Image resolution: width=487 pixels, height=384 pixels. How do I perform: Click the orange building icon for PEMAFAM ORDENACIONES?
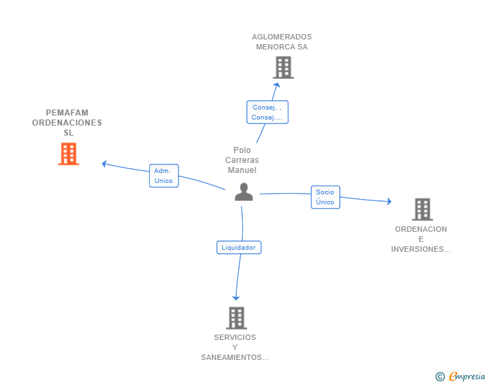(x=69, y=154)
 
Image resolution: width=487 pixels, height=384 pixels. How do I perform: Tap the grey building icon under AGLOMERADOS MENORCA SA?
(x=284, y=67)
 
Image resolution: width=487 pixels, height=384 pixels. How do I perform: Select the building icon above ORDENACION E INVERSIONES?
(x=422, y=210)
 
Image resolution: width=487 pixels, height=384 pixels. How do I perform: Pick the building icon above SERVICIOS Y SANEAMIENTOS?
(x=237, y=318)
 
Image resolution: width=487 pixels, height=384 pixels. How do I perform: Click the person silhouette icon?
(x=243, y=192)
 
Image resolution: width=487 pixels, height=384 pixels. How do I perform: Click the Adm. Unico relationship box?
(x=164, y=176)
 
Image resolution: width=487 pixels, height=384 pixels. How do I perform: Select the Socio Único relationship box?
(x=326, y=197)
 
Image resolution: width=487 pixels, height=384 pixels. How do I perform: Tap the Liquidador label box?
(x=239, y=248)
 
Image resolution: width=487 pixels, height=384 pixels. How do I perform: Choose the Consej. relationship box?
(x=268, y=112)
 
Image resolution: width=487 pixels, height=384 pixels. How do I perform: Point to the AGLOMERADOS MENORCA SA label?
(x=282, y=42)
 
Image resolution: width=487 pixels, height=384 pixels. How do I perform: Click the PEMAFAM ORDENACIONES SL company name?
(x=67, y=122)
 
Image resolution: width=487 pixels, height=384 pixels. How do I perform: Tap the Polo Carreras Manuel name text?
(x=242, y=160)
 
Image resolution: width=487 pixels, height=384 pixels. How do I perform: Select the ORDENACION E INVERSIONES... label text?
(x=421, y=239)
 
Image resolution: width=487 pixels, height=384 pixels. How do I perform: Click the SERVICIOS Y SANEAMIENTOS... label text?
(x=235, y=347)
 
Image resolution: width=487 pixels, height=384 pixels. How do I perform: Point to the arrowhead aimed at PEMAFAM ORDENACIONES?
(x=104, y=164)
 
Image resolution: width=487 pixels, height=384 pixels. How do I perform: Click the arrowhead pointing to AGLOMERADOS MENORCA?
(x=277, y=85)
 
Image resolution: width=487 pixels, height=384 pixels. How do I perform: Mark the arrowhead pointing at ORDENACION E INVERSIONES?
(x=389, y=201)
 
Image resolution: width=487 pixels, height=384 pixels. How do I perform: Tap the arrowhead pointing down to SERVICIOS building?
(x=236, y=298)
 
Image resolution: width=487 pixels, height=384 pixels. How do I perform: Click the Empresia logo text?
(x=467, y=376)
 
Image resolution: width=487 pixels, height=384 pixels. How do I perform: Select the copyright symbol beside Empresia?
(x=440, y=377)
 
